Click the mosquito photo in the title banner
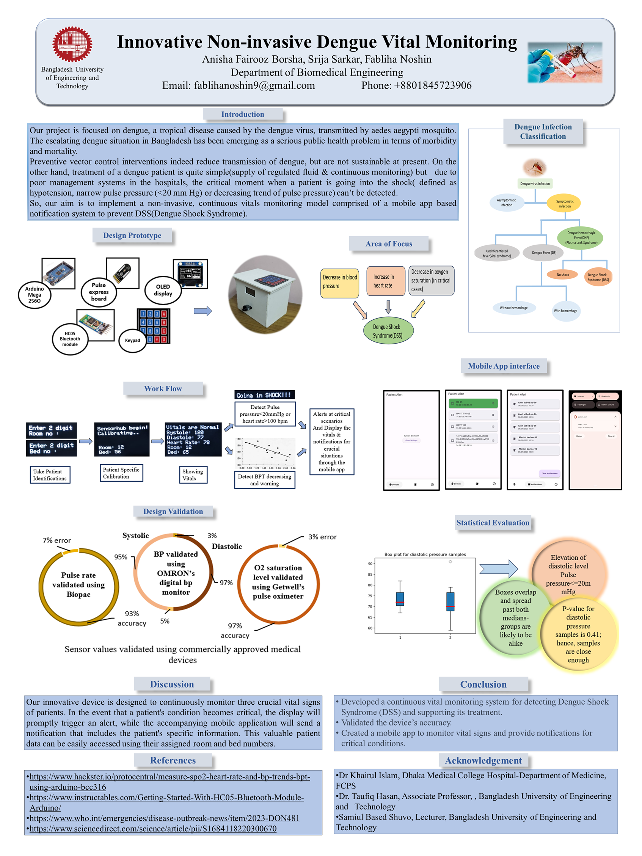[x=564, y=62]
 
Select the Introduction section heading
[x=242, y=114]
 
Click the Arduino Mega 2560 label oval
[x=35, y=294]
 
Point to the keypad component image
[x=153, y=326]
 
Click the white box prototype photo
[x=265, y=294]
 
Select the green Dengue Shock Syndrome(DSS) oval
[x=388, y=331]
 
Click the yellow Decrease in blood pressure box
[x=339, y=282]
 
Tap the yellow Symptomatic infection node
[x=564, y=203]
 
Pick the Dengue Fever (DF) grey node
[x=544, y=252]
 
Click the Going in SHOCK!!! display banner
[x=264, y=395]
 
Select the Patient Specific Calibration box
[x=121, y=473]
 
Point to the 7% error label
[x=57, y=540]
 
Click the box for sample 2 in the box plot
[x=450, y=602]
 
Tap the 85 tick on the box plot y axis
[x=370, y=574]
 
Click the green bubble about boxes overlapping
[x=515, y=617]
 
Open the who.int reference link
[x=164, y=818]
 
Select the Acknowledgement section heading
[x=483, y=760]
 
